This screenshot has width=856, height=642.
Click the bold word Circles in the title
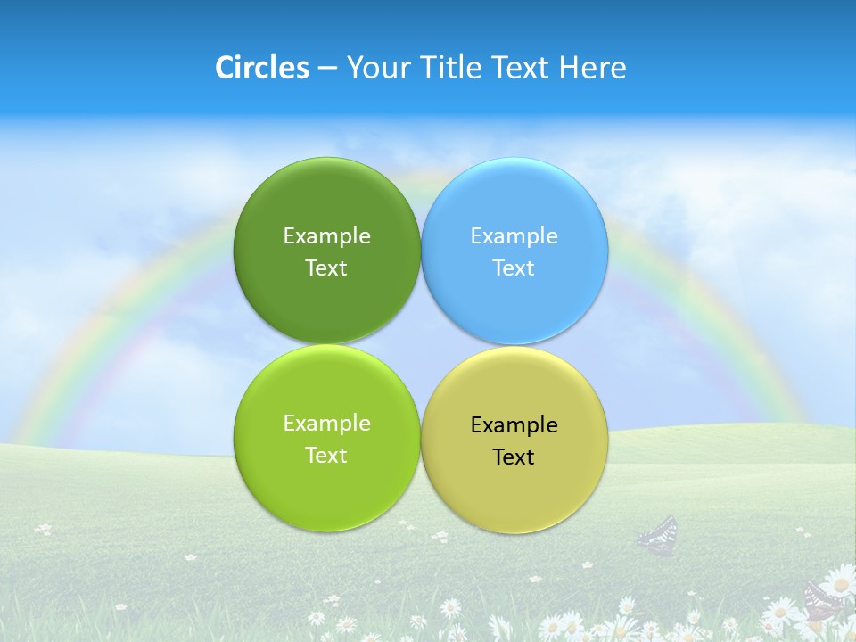(x=261, y=68)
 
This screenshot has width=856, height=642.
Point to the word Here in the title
(x=592, y=68)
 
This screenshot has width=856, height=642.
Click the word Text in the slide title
(x=522, y=68)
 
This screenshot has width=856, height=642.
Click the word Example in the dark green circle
(x=326, y=235)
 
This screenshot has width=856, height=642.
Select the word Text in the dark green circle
(x=326, y=267)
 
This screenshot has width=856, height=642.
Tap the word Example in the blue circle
(x=514, y=235)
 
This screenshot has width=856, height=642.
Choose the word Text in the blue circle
(x=514, y=267)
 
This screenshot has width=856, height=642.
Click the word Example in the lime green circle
(x=326, y=423)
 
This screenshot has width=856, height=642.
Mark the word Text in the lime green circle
(x=326, y=455)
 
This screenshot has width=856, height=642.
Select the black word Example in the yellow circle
(x=514, y=424)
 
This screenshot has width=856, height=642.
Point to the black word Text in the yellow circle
(x=514, y=457)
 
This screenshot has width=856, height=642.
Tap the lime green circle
(x=326, y=490)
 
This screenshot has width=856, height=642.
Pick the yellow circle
(x=514, y=495)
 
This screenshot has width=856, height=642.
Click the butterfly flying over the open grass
(x=658, y=535)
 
